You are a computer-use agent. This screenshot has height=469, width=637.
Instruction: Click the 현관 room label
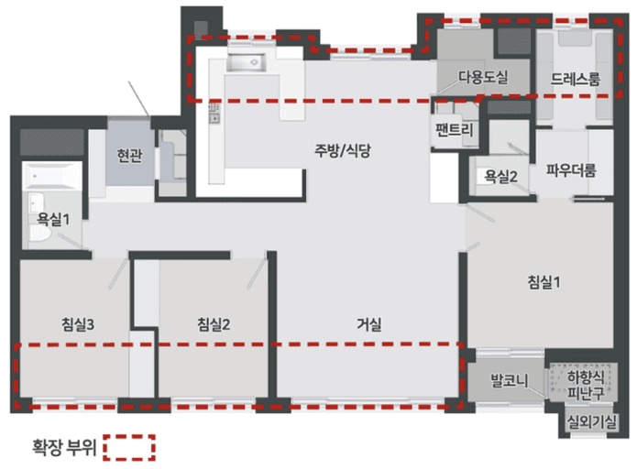coord(128,156)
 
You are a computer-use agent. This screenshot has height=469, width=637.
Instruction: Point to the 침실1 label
coord(544,282)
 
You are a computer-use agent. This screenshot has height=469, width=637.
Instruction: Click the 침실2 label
coord(213,323)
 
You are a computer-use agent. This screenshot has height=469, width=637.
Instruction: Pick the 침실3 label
coord(80,323)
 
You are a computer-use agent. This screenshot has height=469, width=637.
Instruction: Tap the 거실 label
coord(369,323)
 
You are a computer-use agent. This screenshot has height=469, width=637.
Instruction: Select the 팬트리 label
coord(456,130)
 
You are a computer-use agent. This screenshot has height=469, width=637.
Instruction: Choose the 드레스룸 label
coord(576,80)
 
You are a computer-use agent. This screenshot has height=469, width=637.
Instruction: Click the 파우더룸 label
coord(571,170)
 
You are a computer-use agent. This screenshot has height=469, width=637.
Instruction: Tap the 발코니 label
coord(506,378)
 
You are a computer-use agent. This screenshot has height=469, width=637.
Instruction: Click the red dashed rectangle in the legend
coord(129,447)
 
